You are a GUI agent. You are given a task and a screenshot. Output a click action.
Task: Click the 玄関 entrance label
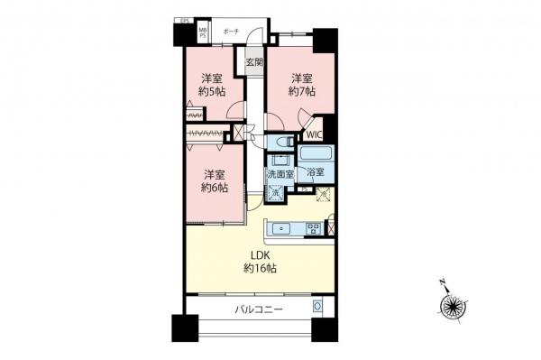(253, 62)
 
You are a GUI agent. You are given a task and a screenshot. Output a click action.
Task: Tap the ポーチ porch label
(231, 28)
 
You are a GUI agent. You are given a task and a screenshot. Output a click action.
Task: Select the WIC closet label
(314, 135)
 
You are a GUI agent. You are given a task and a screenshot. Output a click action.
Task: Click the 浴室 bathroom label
(315, 171)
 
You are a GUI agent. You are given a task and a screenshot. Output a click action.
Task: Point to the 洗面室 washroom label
(279, 174)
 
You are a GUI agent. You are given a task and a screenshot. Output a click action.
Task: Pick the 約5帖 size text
(214, 91)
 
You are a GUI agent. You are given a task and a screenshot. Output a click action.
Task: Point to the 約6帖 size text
(214, 188)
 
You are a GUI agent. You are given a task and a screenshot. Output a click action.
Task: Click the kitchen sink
(282, 228)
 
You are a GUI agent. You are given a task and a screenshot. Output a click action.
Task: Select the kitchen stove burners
(313, 227)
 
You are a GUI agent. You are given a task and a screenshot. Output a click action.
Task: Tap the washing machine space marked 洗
(275, 191)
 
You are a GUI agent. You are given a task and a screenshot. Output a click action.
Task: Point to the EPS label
(184, 20)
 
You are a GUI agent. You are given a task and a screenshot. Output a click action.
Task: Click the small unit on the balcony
(317, 308)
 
